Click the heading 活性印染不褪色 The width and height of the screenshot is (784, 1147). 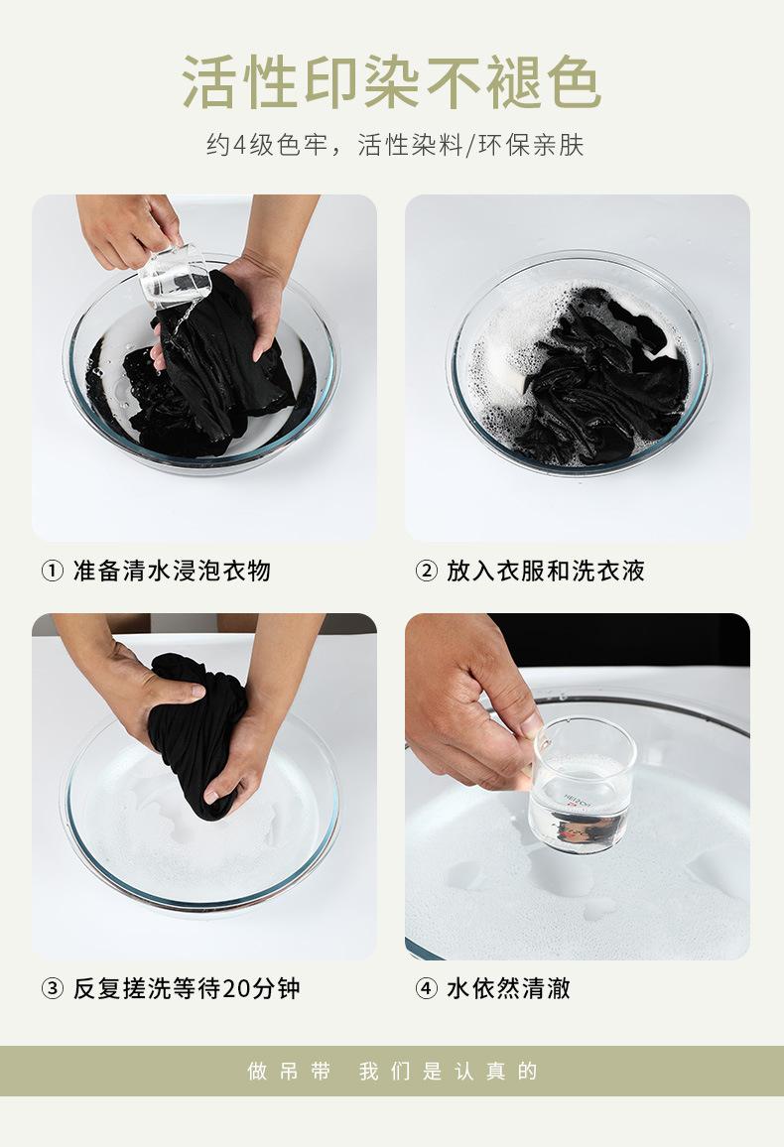tap(392, 81)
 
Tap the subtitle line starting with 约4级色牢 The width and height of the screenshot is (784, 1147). tap(395, 145)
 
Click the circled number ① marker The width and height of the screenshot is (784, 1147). tap(52, 571)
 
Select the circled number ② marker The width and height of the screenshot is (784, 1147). tap(427, 571)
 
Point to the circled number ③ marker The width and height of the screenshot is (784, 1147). tap(52, 989)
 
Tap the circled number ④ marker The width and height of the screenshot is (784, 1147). tap(427, 989)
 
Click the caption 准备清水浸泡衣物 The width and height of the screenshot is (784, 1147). tap(172, 571)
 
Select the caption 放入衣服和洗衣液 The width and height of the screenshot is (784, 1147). tap(546, 571)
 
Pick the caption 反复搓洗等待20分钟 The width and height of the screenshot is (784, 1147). tap(187, 989)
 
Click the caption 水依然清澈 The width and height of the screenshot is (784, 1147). tap(508, 989)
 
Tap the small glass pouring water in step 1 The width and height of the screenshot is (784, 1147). tap(175, 277)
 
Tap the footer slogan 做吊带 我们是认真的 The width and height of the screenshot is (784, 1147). tap(392, 1072)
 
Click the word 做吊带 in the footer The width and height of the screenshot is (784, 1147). tap(289, 1072)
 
